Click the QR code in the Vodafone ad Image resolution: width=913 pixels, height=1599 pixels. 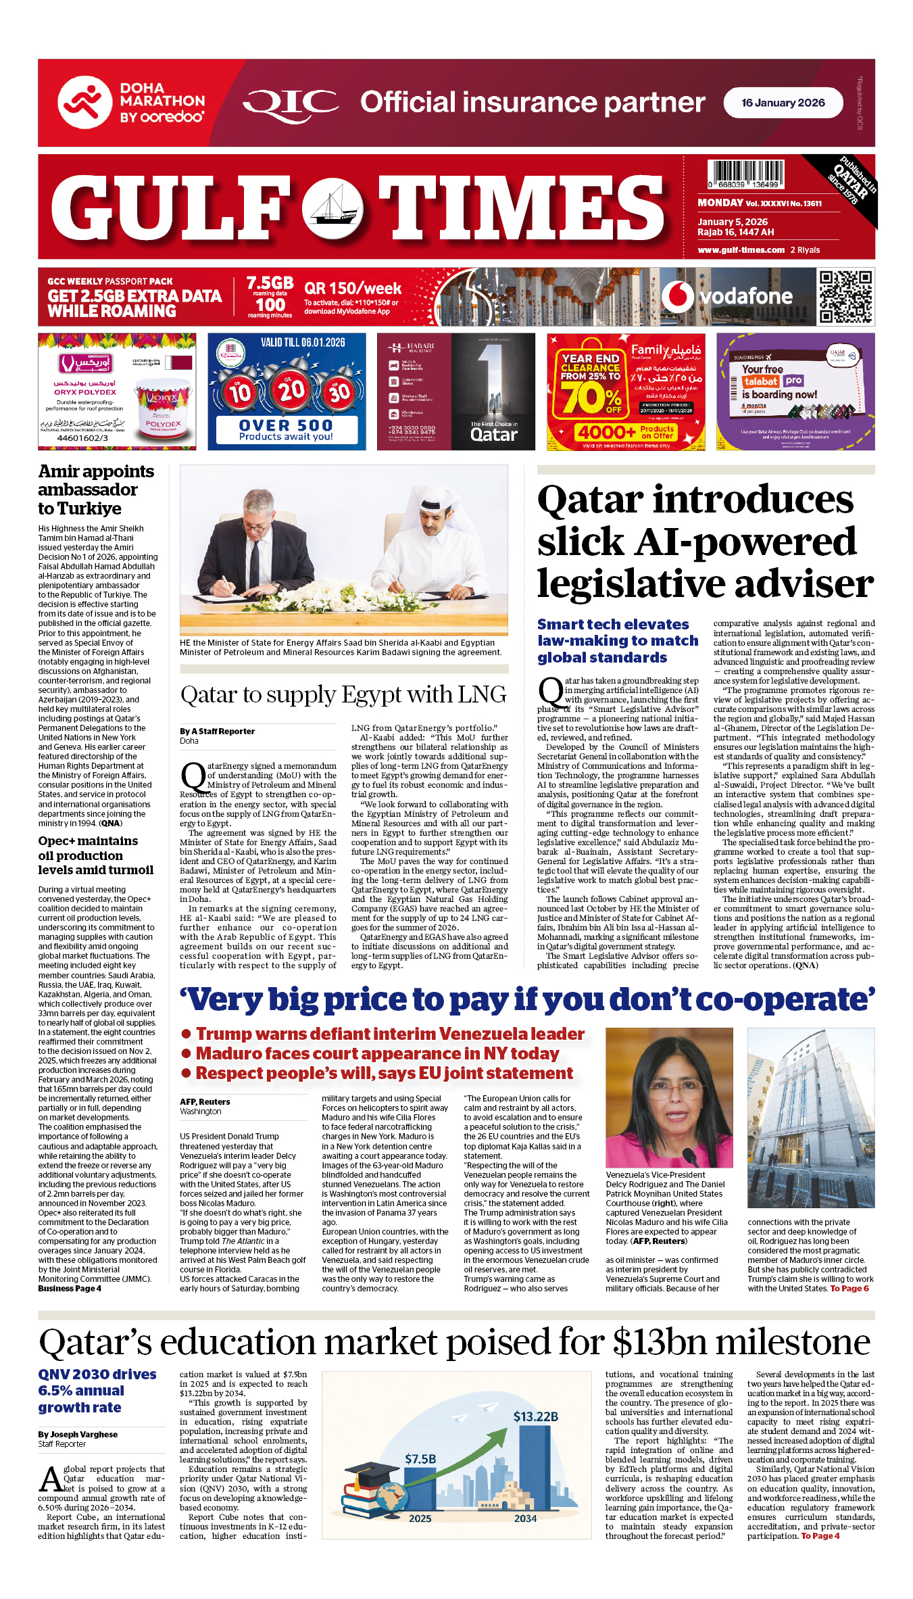pos(845,297)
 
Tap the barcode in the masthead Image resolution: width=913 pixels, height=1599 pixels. pos(745,174)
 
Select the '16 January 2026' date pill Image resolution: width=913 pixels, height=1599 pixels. pos(783,103)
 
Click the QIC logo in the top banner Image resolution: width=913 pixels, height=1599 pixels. pos(291,103)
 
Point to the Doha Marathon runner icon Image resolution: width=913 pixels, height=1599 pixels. pos(84,103)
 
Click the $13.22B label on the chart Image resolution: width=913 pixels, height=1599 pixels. pos(535,1416)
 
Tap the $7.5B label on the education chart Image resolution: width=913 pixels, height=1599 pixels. pos(420,1458)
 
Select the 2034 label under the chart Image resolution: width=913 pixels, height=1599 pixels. pos(525,1518)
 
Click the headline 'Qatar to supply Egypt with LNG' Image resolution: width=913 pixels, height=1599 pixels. pos(343,695)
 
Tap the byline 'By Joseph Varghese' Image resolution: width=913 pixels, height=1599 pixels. pos(78,1434)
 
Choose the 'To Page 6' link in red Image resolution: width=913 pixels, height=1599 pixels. pos(849,1288)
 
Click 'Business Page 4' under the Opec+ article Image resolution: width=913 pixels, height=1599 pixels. pos(70,1288)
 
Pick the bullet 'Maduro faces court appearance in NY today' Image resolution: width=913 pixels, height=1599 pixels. pos(377,1053)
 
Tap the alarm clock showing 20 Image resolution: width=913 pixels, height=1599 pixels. pos(291,389)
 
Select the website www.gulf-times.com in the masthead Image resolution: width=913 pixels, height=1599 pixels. pos(741,249)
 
